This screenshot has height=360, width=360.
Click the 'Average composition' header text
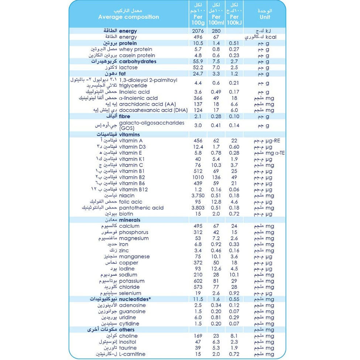[x=128, y=17]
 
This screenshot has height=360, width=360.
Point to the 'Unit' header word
[x=265, y=17]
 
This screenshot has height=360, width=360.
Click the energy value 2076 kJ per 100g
[x=198, y=31]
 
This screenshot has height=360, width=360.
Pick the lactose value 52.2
[x=198, y=68]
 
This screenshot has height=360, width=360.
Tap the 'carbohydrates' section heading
[x=138, y=62]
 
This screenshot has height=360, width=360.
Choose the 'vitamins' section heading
[x=129, y=135]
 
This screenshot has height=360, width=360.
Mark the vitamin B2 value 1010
[x=198, y=177]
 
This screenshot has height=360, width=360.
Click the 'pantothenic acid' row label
[x=141, y=208]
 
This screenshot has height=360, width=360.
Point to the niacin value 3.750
[x=198, y=196]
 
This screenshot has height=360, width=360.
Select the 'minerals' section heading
[x=130, y=220]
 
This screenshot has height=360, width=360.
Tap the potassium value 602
[x=198, y=281]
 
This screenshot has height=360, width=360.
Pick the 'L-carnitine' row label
[x=132, y=354]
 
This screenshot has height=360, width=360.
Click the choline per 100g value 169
[x=198, y=336]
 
